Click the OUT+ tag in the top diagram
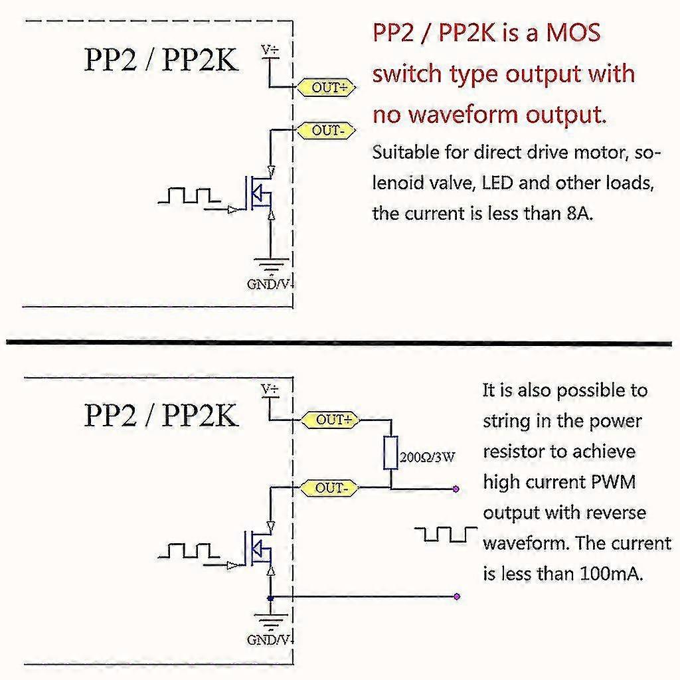[325, 87]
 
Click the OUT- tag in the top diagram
[325, 130]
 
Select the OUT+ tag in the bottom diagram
[330, 420]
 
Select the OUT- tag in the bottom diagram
[330, 488]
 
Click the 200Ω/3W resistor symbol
[390, 454]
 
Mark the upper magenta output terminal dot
[456, 489]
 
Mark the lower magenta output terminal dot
[456, 596]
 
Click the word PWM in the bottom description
[613, 482]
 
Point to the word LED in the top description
[495, 183]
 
